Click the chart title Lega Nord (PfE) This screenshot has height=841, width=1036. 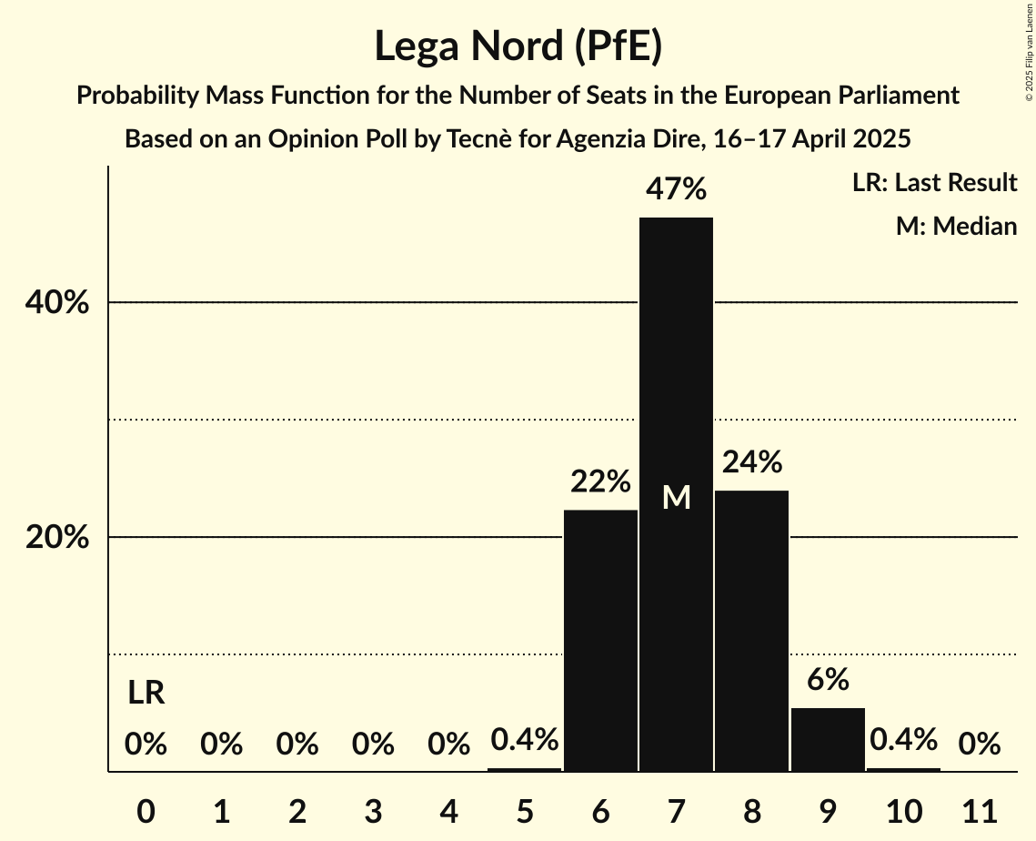pyautogui.click(x=518, y=46)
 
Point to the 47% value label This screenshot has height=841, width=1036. pyautogui.click(x=676, y=189)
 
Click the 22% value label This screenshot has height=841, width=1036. pyautogui.click(x=600, y=481)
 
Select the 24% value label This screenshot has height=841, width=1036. pyautogui.click(x=751, y=462)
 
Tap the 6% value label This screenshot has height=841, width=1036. pyautogui.click(x=828, y=679)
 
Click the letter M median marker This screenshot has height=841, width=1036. pyautogui.click(x=676, y=497)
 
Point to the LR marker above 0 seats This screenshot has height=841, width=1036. pyautogui.click(x=146, y=694)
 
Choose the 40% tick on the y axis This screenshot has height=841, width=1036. pyautogui.click(x=57, y=303)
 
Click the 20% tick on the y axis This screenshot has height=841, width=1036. pyautogui.click(x=57, y=538)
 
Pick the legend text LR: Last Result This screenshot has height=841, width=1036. pyautogui.click(x=934, y=183)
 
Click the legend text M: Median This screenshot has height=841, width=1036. pyautogui.click(x=956, y=226)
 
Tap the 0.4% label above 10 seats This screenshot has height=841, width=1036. pyautogui.click(x=903, y=740)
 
